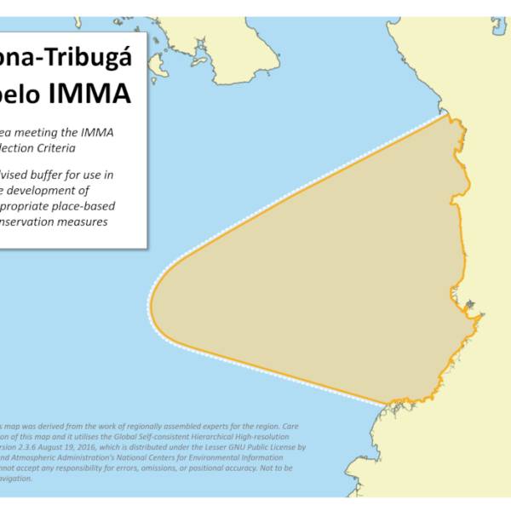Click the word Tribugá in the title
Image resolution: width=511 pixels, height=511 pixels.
pos(92,59)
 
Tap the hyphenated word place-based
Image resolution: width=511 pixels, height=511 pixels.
pos(84,206)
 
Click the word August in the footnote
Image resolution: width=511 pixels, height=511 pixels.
pos(50,446)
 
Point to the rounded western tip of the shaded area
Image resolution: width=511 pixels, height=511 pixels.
pos(151,302)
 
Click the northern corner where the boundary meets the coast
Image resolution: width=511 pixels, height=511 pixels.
pos(446,113)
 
